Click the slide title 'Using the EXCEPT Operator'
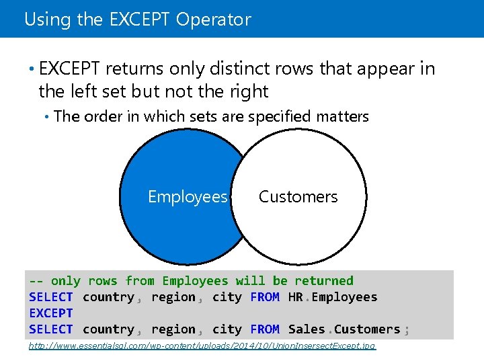(137, 19)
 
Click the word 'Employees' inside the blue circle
(188, 197)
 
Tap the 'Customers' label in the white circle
(298, 197)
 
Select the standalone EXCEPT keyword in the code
(50, 313)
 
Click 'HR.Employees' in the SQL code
(333, 297)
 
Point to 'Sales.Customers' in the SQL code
(344, 329)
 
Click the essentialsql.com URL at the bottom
(202, 346)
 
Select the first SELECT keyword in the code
(50, 297)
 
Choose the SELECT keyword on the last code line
(50, 329)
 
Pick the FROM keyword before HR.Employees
(264, 297)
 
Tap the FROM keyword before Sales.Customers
(264, 329)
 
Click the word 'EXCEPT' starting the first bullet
(70, 69)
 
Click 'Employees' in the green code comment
(195, 281)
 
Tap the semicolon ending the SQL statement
(406, 329)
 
